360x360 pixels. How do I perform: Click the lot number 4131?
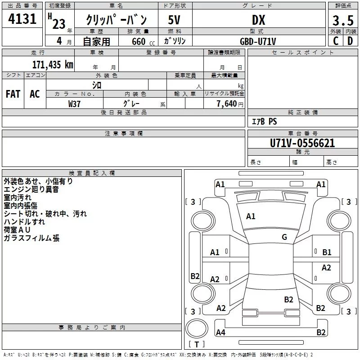coord(22,19)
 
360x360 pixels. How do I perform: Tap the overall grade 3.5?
coord(343,20)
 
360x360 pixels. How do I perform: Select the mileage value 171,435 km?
coord(53,65)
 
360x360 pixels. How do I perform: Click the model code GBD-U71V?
coord(258,41)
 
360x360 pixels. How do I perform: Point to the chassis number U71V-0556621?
coord(302,143)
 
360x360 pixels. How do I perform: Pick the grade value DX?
coord(258,20)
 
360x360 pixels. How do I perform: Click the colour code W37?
coord(74,104)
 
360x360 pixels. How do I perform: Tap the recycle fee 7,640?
coord(227,103)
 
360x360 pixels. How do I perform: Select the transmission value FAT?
coord(13,94)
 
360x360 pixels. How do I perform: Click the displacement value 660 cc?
coord(143,42)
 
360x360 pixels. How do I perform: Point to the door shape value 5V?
coord(174,20)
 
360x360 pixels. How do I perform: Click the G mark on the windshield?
coord(284,237)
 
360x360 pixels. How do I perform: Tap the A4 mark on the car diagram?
coord(220,332)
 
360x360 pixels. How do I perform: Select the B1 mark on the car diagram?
coord(327,252)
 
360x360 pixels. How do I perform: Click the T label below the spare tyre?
coord(197,344)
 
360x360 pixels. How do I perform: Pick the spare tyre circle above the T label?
coord(197,328)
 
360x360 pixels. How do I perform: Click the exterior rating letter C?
coord(336,41)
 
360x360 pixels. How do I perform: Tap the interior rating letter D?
coord(350,41)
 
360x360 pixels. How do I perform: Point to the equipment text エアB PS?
coord(264,121)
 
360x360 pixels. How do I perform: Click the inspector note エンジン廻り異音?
coord(31,189)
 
